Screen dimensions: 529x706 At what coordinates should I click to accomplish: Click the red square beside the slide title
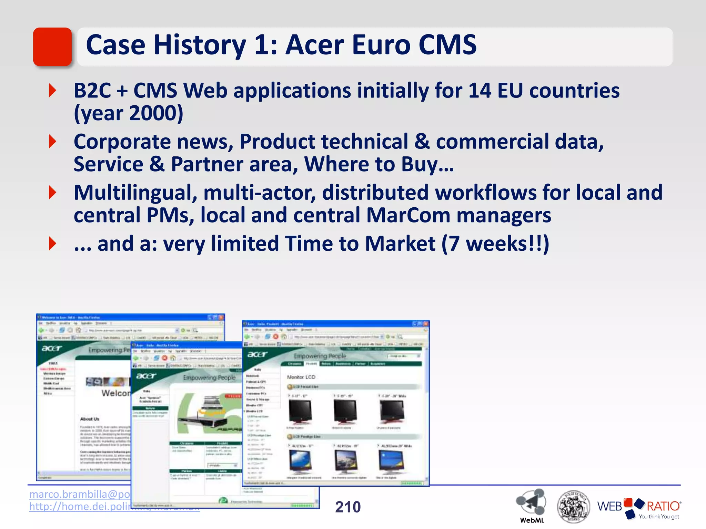[x=52, y=46]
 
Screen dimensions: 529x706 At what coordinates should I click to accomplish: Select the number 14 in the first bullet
[x=480, y=91]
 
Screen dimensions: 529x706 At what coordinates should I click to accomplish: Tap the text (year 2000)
[x=129, y=113]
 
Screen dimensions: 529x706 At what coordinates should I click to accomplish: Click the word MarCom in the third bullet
[x=408, y=215]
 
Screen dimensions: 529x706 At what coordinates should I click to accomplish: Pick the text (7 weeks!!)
[x=495, y=244]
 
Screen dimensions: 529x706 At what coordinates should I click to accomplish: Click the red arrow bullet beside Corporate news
[x=52, y=142]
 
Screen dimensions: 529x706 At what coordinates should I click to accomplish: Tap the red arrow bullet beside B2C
[x=52, y=91]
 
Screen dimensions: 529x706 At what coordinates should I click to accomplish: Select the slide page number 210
[x=348, y=507]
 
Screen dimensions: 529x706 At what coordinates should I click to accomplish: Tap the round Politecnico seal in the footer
[x=573, y=506]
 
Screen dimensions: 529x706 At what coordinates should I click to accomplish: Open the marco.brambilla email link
[x=80, y=494]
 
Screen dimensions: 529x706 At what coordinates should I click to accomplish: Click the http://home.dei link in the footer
[x=80, y=507]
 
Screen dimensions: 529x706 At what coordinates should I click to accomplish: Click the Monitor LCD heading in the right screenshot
[x=301, y=377]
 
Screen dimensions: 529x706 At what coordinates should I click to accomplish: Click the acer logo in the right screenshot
[x=257, y=354]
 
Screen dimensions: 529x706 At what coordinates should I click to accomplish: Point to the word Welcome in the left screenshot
[x=116, y=393]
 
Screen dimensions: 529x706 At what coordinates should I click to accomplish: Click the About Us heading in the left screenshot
[x=90, y=419]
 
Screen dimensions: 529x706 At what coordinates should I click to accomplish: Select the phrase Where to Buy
[x=379, y=164]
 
